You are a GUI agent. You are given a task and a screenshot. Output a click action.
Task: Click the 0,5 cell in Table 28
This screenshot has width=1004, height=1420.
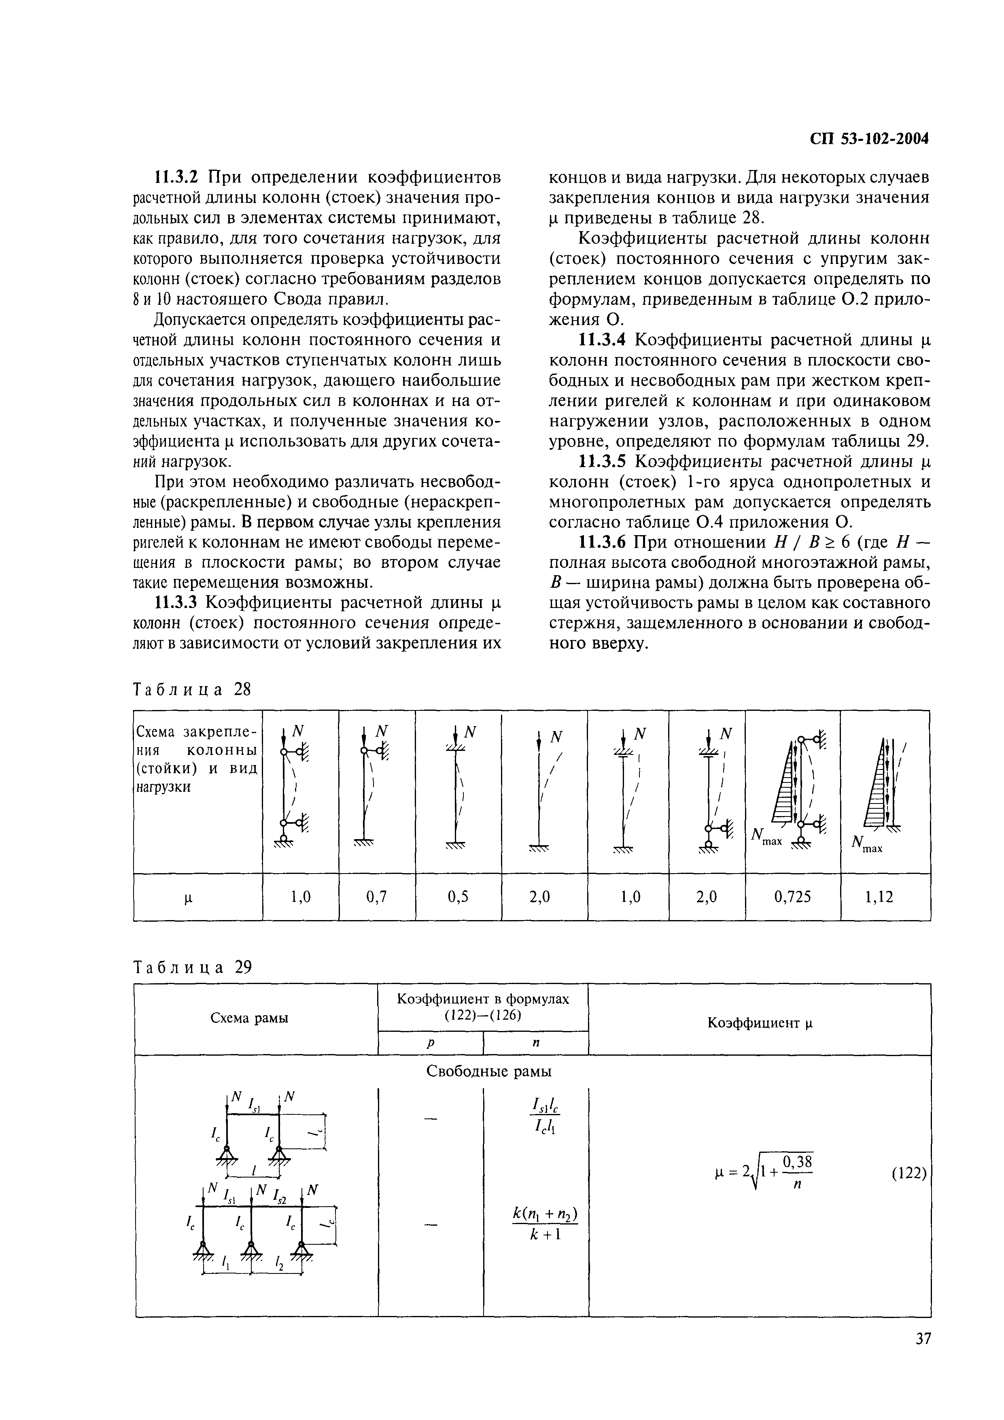458,897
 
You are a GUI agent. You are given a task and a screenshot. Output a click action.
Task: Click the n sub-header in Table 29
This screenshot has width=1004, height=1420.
535,1043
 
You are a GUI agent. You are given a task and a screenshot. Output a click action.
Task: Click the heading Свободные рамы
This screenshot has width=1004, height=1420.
489,1071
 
